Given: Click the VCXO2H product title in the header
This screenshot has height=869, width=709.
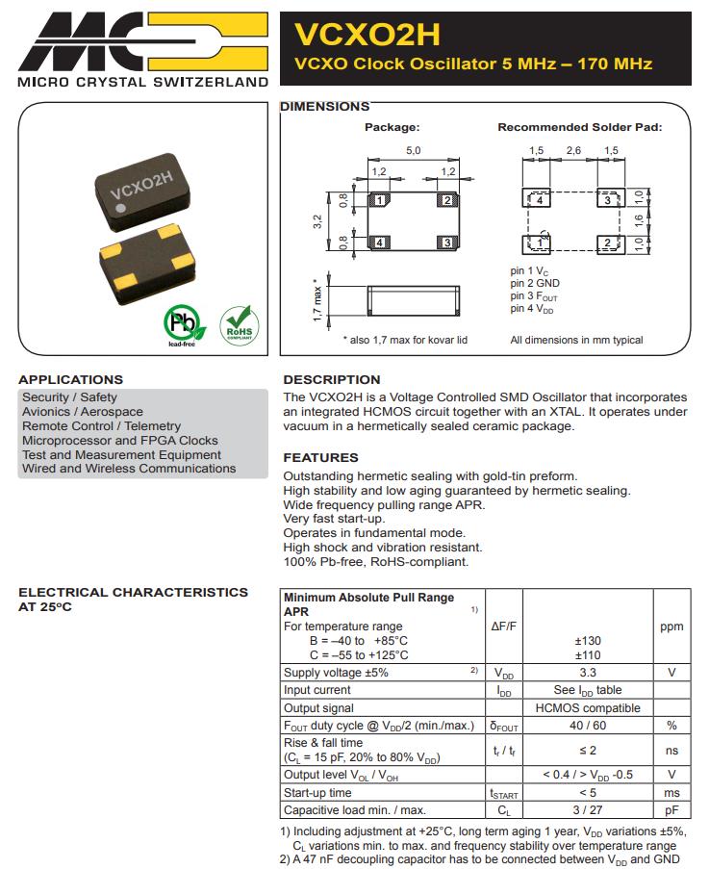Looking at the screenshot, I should point(366,35).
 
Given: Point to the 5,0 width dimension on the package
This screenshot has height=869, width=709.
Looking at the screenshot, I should point(413,151).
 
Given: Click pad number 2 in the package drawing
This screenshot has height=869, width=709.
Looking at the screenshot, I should point(445,200).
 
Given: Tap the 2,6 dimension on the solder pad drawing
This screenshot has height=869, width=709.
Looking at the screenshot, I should point(573,151).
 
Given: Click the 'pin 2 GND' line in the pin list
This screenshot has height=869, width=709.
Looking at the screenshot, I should point(535,284).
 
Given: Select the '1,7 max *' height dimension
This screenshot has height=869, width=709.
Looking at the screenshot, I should point(317,299).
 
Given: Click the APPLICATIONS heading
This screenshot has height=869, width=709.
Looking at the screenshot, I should point(71,379).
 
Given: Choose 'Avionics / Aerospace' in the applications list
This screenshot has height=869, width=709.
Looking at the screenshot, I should point(83,412).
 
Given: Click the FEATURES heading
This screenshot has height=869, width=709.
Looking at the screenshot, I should point(320,457).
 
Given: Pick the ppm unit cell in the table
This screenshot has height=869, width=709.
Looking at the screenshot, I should point(671,626).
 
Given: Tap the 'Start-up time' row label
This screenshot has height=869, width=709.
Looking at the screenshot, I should point(317,793).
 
